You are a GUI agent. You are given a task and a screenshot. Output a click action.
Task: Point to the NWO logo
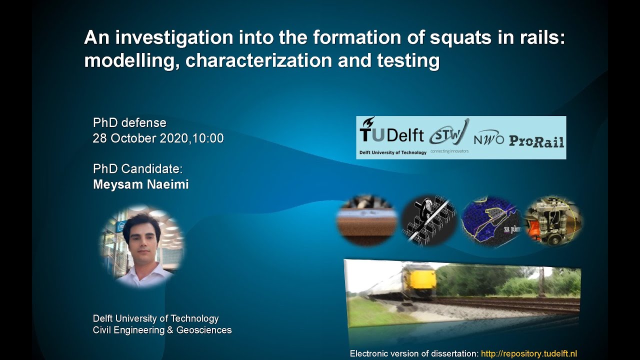489,139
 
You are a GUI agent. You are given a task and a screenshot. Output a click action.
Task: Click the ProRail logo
536,141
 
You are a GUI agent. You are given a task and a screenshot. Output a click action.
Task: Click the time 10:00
207,138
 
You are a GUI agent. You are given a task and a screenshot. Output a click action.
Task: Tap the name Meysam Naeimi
141,184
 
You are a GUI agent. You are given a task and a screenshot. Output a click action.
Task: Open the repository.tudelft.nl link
528,353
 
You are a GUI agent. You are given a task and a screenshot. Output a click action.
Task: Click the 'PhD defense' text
129,123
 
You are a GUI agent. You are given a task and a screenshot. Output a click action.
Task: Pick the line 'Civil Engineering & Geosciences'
162,330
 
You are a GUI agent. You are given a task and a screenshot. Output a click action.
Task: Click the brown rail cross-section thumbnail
367,220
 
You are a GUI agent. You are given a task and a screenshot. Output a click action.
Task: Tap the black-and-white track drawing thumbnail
428,220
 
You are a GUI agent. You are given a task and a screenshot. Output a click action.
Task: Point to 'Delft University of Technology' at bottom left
155,318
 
